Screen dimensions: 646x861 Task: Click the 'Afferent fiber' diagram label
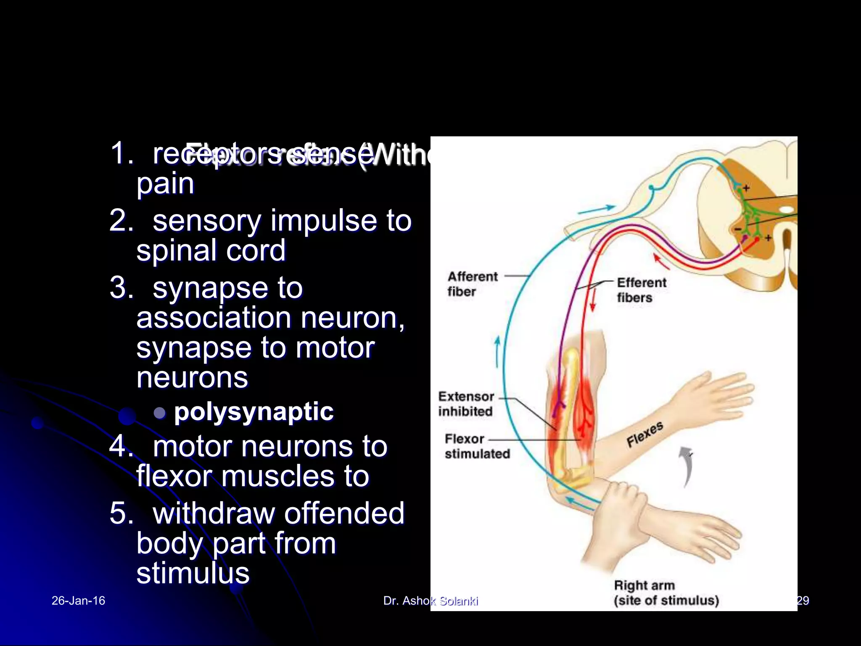coord(472,284)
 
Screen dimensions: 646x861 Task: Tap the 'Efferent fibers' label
coord(641,290)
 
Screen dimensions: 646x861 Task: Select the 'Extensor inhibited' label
coord(466,404)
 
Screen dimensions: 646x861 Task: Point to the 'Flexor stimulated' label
coord(477,446)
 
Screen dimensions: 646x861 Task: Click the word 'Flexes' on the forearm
coord(644,434)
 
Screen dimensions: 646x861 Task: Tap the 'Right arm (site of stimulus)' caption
coord(666,593)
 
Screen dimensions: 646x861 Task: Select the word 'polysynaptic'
coord(254,411)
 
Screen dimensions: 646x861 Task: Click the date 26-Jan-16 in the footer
coord(78,601)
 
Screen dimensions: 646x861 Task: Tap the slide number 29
coord(803,601)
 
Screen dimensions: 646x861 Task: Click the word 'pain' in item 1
coord(165,183)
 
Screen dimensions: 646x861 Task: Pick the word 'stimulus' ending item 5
coord(193,573)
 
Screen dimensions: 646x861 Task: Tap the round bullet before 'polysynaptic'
coord(159,413)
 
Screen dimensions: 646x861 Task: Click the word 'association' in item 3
coord(214,318)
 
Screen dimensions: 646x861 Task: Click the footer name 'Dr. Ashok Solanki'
coord(430,601)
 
